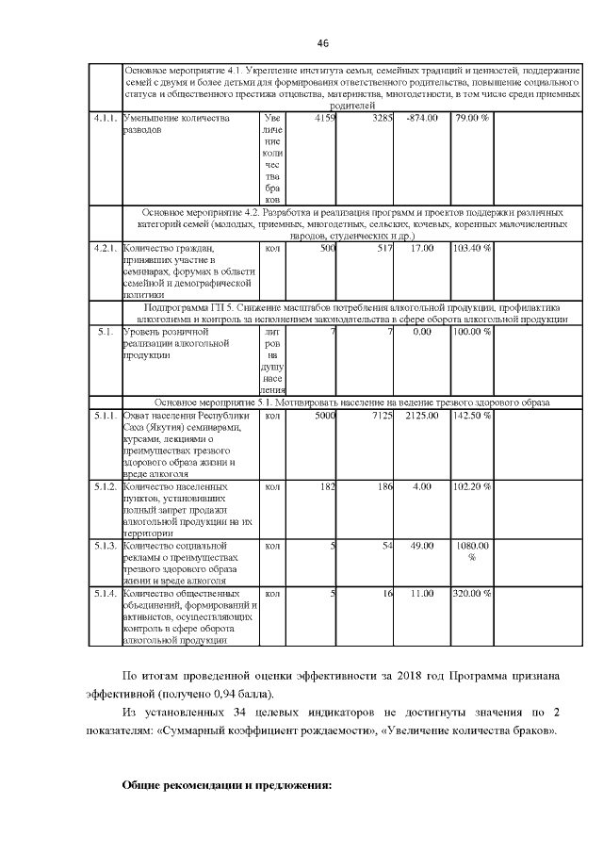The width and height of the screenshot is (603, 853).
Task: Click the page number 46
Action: [x=322, y=43]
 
